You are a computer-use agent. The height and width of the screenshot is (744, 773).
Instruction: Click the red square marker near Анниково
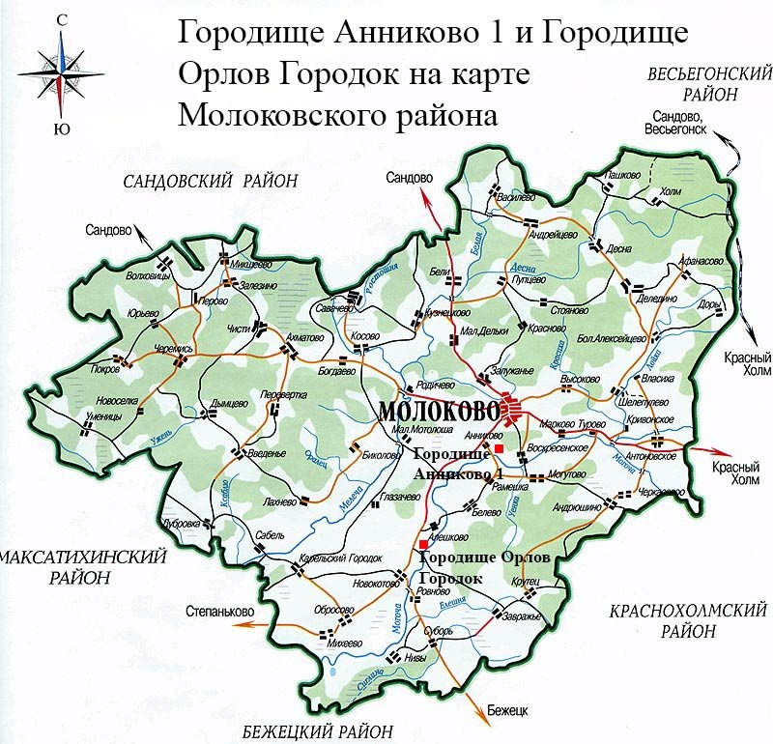pyautogui.click(x=499, y=449)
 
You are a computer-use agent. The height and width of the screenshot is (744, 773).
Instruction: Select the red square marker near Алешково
pyautogui.click(x=423, y=546)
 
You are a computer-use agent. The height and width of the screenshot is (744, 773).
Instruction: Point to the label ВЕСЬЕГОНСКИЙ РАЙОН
pyautogui.click(x=710, y=84)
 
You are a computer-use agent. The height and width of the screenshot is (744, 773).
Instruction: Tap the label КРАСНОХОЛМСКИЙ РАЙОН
pyautogui.click(x=689, y=620)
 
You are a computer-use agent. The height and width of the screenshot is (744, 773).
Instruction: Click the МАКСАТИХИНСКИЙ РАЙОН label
pyautogui.click(x=82, y=568)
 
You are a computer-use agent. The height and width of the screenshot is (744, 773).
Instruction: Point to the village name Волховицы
pyautogui.click(x=150, y=276)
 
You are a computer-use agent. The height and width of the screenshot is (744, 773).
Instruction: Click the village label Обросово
pyautogui.click(x=334, y=611)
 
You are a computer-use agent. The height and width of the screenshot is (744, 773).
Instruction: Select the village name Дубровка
pyautogui.click(x=183, y=523)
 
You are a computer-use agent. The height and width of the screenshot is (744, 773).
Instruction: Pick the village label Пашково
pyautogui.click(x=624, y=175)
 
